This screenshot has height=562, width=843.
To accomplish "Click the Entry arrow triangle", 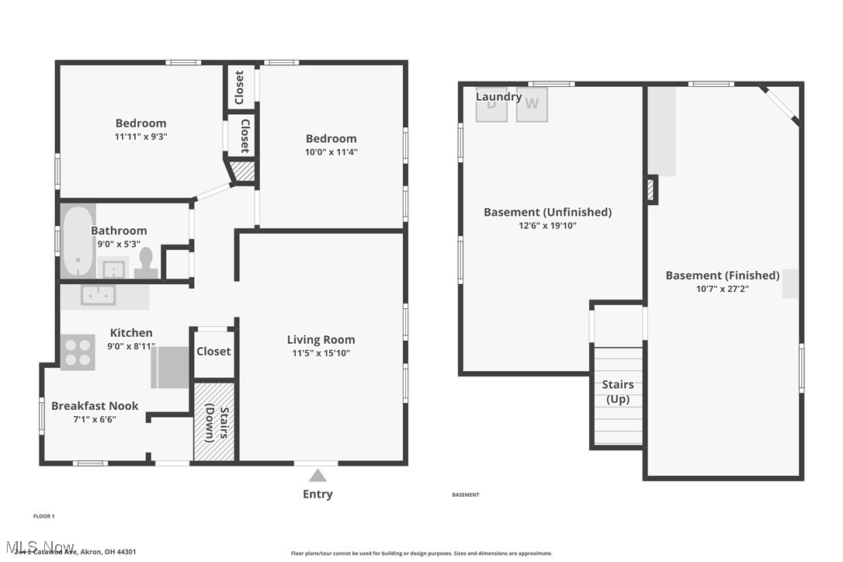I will (317, 476).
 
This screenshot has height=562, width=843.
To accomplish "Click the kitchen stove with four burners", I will (78, 352).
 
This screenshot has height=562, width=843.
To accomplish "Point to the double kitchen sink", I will (99, 296).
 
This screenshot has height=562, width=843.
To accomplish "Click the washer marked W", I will (532, 104).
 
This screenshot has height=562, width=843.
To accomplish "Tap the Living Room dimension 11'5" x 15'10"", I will (321, 353).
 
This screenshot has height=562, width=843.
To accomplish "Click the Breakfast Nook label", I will (95, 405).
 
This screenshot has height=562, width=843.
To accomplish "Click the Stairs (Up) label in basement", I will (618, 392).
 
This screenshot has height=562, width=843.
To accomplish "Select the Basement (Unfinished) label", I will (547, 212).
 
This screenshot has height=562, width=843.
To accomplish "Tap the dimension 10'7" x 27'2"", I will (722, 289).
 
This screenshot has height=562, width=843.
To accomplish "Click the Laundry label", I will (498, 97).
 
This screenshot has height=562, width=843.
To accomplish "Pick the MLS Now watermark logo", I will (39, 547).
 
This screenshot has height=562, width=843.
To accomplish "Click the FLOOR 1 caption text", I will (43, 516).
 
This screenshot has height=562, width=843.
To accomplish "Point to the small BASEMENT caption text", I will (466, 494).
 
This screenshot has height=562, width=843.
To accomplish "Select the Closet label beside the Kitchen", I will (213, 351).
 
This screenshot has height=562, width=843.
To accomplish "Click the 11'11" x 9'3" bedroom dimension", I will (140, 136).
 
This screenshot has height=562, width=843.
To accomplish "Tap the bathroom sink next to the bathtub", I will (114, 269).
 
